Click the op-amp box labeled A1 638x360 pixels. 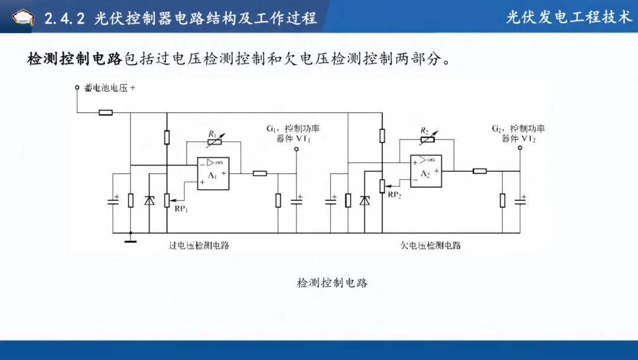[x=213, y=173]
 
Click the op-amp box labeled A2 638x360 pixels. [x=426, y=171]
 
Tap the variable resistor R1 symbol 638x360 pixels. [x=214, y=141]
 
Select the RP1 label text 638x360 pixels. [x=181, y=209]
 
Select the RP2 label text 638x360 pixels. [x=394, y=195]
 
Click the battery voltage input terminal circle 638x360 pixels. [x=77, y=87]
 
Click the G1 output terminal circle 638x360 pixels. [x=296, y=149]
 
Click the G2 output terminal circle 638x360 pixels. [x=520, y=147]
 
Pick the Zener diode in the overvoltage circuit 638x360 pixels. [x=149, y=200]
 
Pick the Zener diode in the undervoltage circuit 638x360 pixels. [x=364, y=200]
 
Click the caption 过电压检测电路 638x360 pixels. [x=199, y=245]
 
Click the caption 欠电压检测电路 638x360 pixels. [x=431, y=245]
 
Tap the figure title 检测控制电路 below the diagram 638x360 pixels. [x=333, y=283]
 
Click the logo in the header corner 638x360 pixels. [x=23, y=17]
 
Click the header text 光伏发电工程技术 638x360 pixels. [x=569, y=17]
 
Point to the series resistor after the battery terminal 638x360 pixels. [x=106, y=112]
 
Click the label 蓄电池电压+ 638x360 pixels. [x=110, y=87]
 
